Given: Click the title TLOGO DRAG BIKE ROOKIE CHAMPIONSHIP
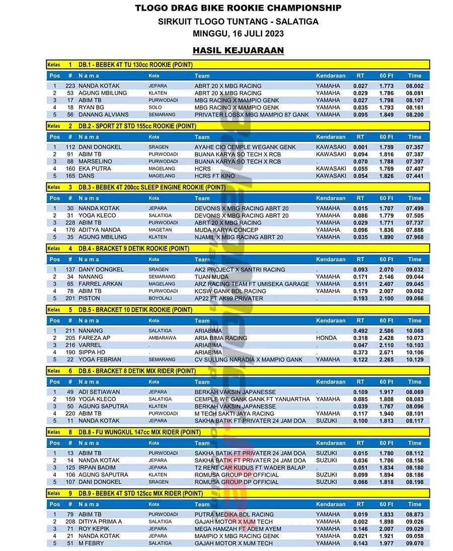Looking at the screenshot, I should (238, 8).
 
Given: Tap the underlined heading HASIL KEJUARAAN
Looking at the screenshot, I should (238, 50).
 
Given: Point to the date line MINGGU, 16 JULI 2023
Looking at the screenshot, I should (238, 34).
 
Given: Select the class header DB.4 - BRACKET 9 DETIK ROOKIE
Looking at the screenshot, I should (134, 248).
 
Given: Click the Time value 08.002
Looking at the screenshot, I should (415, 86).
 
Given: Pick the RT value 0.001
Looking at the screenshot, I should (360, 147).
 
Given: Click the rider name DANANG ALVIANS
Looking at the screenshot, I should (104, 115).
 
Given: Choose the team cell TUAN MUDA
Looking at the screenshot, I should (211, 277).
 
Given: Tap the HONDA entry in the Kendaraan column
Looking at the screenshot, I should (326, 338).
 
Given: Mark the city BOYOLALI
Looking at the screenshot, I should (160, 298).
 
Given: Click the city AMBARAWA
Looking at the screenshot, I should (162, 338).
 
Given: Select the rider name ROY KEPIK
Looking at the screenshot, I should (94, 529).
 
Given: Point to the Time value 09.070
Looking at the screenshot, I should (415, 543).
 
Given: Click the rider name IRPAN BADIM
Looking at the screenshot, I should (98, 468).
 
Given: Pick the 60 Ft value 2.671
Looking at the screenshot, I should (387, 352).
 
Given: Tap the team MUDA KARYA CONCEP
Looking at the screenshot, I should (226, 230).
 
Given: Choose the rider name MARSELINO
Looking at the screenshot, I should (96, 161).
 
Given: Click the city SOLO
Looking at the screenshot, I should (155, 108).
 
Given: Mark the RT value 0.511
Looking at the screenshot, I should (360, 284).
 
